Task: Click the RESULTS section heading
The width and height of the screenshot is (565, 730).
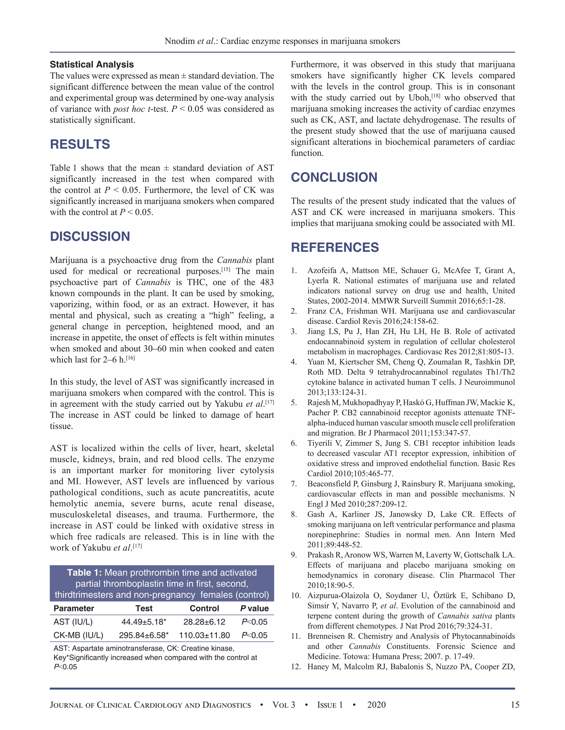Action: click(x=80, y=144)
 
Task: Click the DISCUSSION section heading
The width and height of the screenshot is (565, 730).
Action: click(x=90, y=236)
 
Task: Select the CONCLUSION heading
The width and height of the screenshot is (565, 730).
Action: click(x=334, y=177)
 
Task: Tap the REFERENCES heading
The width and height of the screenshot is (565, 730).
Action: click(x=335, y=247)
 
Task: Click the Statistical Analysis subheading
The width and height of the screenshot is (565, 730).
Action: click(x=92, y=64)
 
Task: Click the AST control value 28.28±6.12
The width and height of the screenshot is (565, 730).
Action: click(x=204, y=622)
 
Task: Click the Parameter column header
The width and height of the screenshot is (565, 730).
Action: click(x=74, y=608)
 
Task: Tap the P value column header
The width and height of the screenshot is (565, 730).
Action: click(x=254, y=608)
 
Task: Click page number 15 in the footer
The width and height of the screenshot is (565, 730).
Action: click(x=515, y=705)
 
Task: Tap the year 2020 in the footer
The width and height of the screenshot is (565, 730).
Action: click(x=376, y=705)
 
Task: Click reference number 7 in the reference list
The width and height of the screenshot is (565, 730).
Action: click(x=294, y=484)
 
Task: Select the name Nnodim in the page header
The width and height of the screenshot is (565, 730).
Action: click(x=179, y=41)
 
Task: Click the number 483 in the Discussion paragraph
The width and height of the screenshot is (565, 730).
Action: click(x=267, y=282)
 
